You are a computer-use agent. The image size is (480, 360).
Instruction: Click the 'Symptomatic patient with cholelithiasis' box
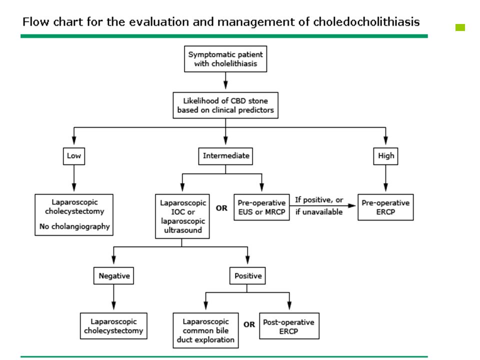(x=225, y=59)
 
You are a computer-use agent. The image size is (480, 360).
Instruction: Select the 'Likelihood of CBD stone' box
(x=225, y=105)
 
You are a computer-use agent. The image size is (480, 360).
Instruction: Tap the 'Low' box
(x=74, y=156)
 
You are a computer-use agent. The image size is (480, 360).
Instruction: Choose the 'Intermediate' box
(x=225, y=156)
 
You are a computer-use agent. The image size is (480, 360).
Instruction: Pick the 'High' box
(x=385, y=156)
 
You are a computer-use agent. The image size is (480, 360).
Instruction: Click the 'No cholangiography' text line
(x=74, y=226)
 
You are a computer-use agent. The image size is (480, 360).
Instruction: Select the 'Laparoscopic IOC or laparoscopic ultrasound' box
(x=182, y=216)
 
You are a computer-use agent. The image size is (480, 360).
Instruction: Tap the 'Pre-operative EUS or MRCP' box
(x=261, y=207)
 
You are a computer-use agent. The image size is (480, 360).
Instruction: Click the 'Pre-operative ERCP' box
(x=385, y=207)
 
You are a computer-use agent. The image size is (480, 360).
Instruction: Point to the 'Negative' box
(x=113, y=276)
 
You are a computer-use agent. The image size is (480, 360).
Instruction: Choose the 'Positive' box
(x=247, y=276)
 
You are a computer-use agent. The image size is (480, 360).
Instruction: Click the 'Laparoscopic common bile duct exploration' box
(x=205, y=330)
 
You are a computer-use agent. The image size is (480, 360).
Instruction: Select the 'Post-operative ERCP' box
(x=289, y=326)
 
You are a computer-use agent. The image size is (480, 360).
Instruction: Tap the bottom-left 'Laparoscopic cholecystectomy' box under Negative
(x=113, y=326)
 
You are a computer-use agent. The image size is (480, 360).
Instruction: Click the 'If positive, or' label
(x=319, y=200)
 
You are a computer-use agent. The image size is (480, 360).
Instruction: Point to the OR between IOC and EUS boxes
(x=221, y=208)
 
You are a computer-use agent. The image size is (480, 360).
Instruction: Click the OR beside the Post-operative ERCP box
(x=249, y=324)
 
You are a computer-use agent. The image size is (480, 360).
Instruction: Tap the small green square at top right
(x=460, y=27)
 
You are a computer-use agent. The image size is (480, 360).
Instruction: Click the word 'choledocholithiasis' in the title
(x=366, y=22)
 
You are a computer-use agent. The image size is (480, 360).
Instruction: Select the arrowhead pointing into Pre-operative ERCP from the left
(x=352, y=205)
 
